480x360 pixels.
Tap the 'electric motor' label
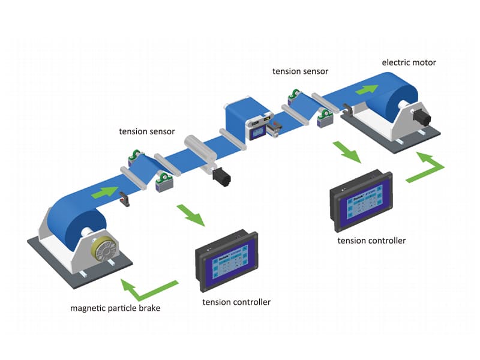point(409,62)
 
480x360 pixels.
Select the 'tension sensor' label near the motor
point(300,71)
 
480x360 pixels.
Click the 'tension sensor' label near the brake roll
point(146,130)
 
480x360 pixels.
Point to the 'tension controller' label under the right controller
point(371,241)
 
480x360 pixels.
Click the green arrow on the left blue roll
point(104,193)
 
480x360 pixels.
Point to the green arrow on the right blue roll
point(367,89)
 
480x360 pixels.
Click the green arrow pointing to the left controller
point(191,215)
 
